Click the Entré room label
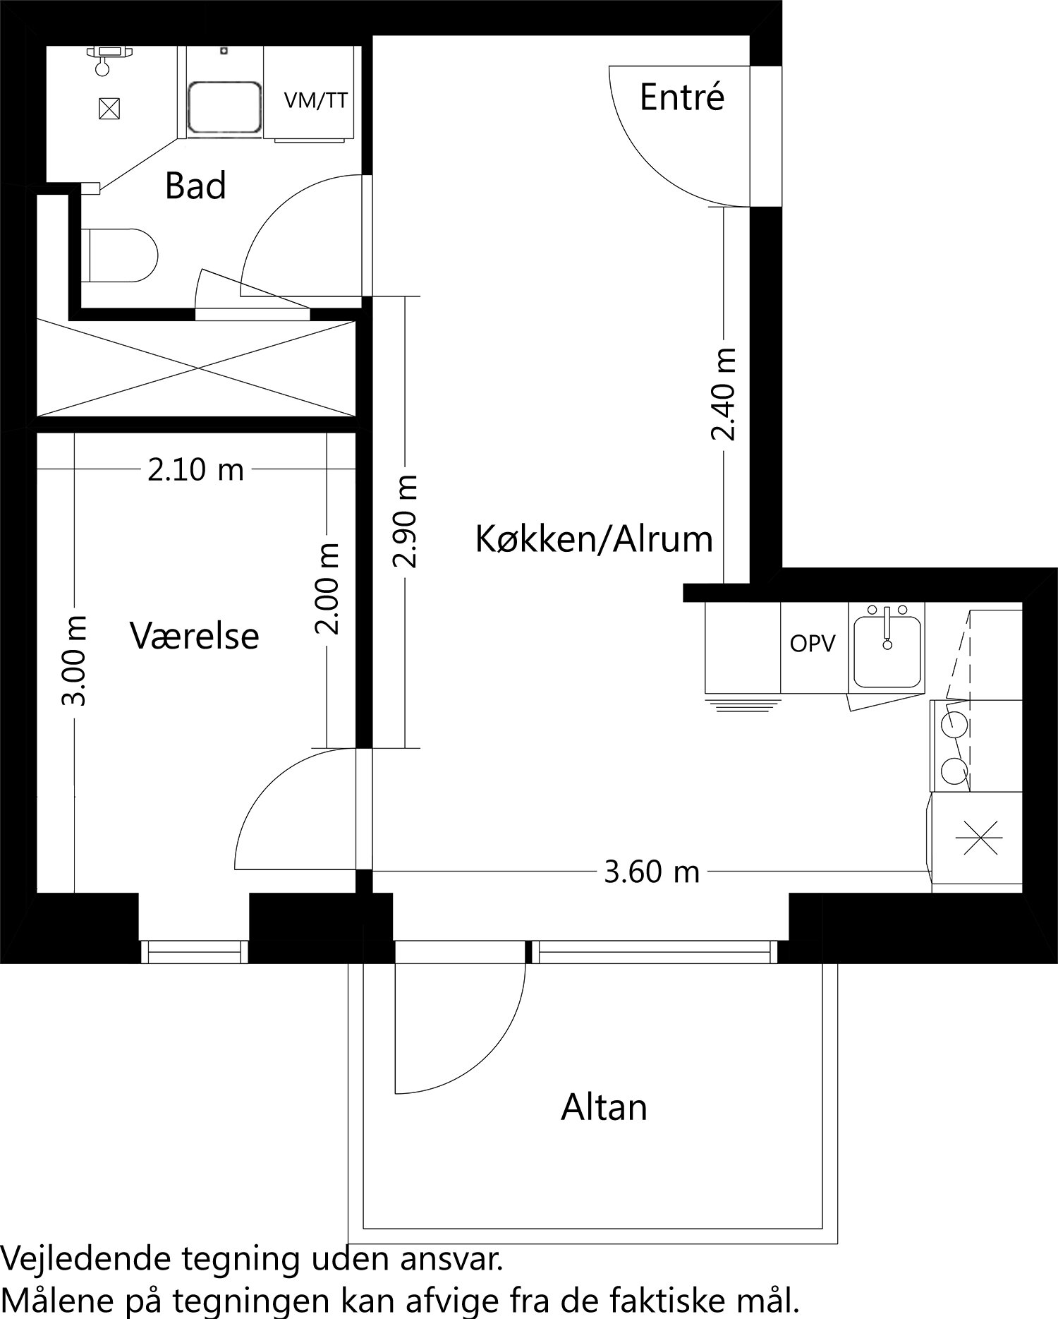tap(681, 97)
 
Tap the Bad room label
tap(195, 186)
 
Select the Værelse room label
tap(195, 636)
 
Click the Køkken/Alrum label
tap(594, 540)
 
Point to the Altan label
tap(604, 1107)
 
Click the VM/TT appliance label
tap(315, 101)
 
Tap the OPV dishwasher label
tap(813, 644)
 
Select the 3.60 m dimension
tap(652, 873)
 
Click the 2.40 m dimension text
tap(724, 394)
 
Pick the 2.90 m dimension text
tap(406, 522)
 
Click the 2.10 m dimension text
tap(195, 470)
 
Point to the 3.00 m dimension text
tap(74, 660)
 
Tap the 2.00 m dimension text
tap(327, 589)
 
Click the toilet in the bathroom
tap(120, 255)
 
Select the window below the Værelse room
tap(195, 951)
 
